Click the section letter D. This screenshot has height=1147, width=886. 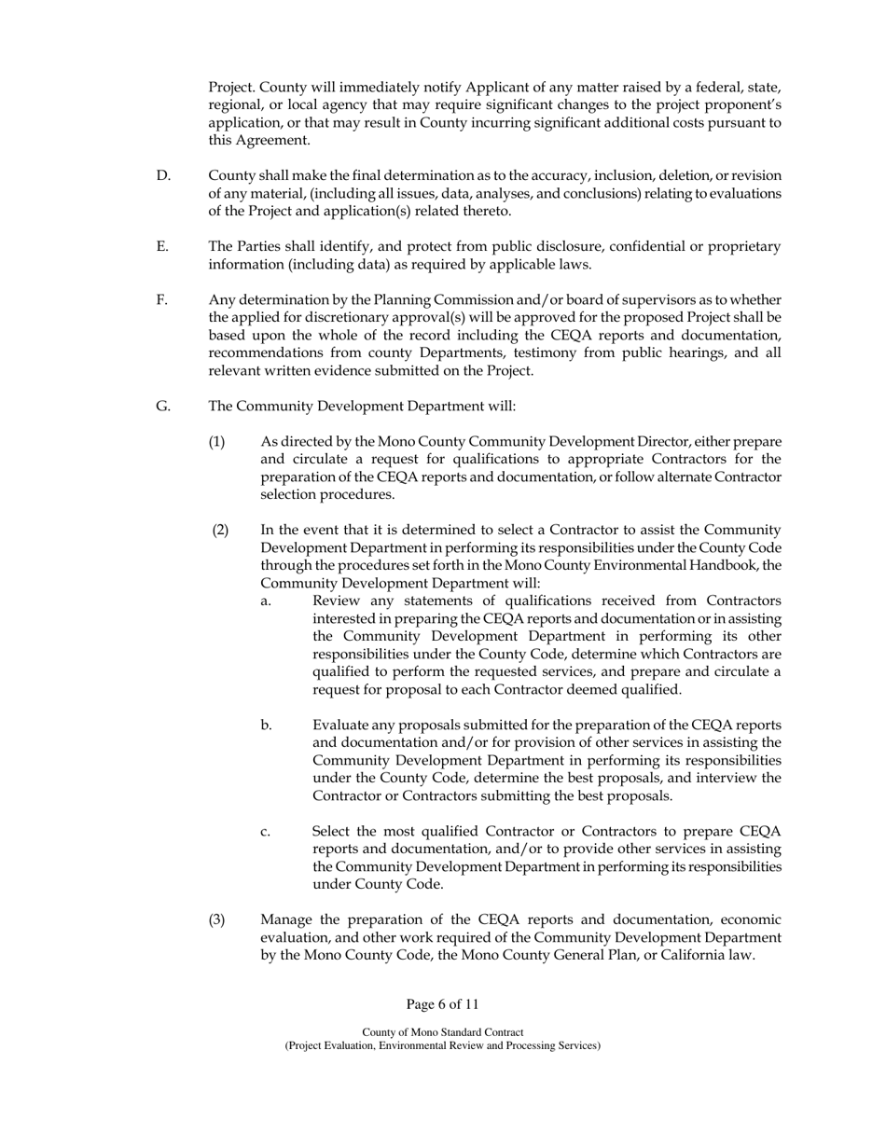(x=163, y=175)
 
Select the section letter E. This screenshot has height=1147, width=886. (x=162, y=246)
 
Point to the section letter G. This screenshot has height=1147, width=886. (x=163, y=406)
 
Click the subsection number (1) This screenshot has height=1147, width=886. (x=216, y=441)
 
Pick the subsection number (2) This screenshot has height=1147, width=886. (x=220, y=530)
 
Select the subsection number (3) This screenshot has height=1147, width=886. (x=216, y=919)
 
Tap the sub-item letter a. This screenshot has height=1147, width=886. (x=266, y=601)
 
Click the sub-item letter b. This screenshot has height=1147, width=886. (x=267, y=725)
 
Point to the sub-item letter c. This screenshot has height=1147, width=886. (x=266, y=831)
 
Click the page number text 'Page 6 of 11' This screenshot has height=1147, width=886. (x=442, y=1004)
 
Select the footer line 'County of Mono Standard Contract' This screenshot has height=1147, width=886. (x=442, y=1032)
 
